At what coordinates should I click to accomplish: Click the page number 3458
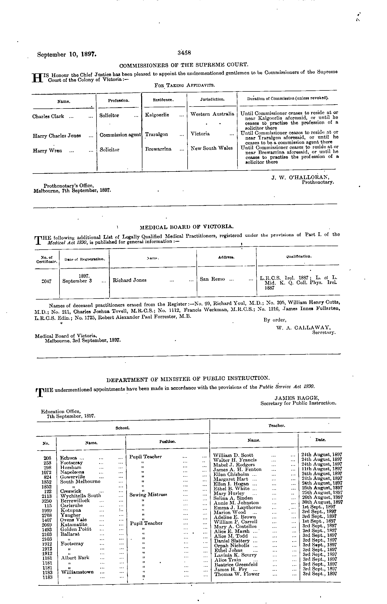click(x=184, y=53)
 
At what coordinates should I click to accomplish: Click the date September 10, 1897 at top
click(x=67, y=54)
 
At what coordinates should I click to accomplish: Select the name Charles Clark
click(x=48, y=116)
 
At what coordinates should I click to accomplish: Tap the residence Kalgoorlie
click(x=157, y=115)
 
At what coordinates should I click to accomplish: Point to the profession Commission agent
click(x=120, y=135)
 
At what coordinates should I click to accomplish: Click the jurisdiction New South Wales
click(x=212, y=148)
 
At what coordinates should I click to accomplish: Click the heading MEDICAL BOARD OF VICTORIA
click(x=186, y=227)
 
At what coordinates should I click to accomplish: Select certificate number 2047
click(x=46, y=281)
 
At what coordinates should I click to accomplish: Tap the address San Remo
click(x=212, y=279)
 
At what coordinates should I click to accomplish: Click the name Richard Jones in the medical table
click(x=129, y=280)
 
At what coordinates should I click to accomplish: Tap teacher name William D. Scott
click(x=233, y=455)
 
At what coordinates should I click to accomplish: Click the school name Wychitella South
click(x=80, y=496)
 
